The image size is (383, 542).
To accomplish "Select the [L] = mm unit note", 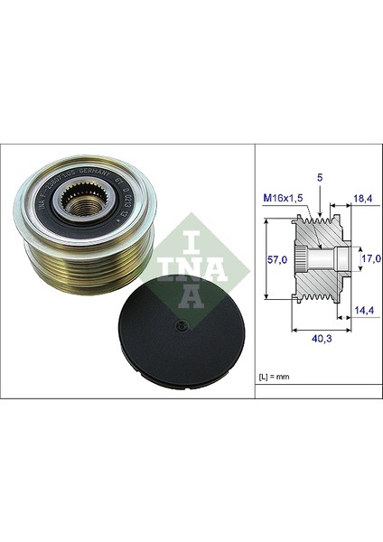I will pyautogui.click(x=276, y=370).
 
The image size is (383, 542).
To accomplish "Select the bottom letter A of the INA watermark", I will pyautogui.click(x=191, y=294).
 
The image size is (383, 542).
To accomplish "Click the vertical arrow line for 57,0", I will pyautogui.click(x=268, y=259).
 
